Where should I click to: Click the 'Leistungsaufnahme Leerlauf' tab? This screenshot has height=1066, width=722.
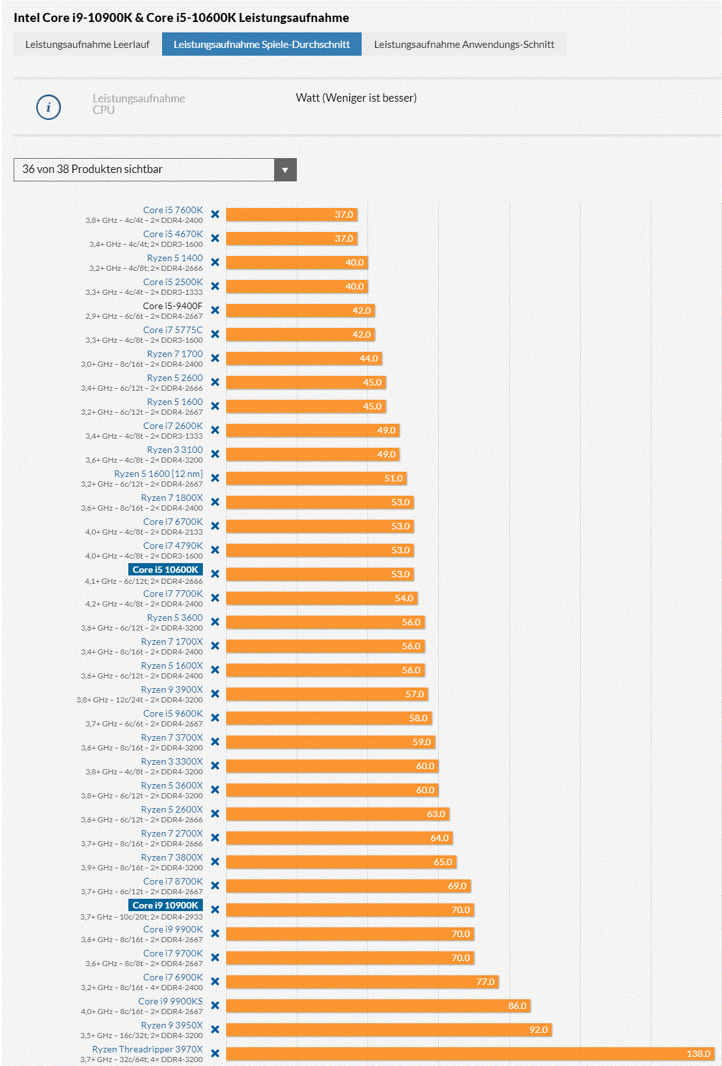click(87, 44)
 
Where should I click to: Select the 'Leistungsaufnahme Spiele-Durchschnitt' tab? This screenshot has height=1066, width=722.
click(261, 44)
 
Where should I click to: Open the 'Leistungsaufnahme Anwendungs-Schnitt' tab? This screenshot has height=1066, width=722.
click(464, 44)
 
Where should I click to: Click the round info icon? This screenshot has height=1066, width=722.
click(49, 107)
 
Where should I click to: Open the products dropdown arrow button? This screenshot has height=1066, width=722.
click(285, 170)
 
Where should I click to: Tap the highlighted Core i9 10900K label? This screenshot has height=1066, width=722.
click(165, 905)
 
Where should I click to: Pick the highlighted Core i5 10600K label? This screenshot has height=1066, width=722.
click(165, 570)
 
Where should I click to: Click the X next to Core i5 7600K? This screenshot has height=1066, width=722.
click(215, 214)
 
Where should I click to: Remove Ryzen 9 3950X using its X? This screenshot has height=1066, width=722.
click(215, 1030)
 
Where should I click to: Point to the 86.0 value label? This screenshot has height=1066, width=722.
click(517, 1006)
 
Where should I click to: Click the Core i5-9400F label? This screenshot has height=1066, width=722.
click(172, 306)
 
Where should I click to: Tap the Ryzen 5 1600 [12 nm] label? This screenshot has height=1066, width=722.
click(158, 474)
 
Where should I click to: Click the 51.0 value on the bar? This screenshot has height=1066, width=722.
click(393, 478)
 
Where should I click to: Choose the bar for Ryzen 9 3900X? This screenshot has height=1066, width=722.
click(326, 694)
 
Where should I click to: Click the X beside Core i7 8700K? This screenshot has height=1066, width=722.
click(215, 886)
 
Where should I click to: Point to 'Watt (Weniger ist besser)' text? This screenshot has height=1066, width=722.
click(356, 98)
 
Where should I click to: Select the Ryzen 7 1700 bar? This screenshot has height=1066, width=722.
click(303, 358)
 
